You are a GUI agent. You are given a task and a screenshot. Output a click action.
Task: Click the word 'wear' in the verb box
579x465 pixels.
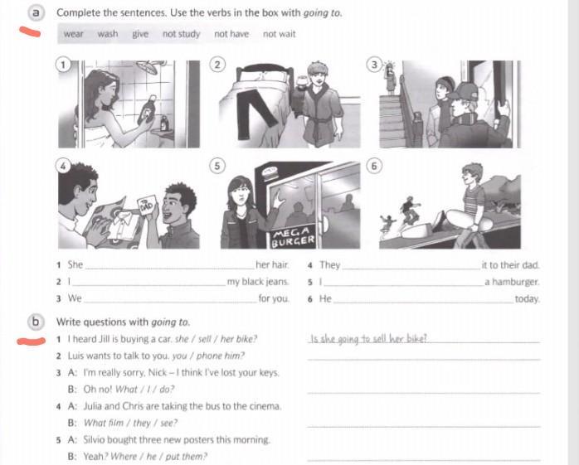pyautogui.click(x=73, y=34)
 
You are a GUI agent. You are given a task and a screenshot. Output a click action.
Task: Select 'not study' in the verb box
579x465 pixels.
pyautogui.click(x=181, y=34)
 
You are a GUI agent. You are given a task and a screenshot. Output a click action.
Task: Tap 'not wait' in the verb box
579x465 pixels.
pyautogui.click(x=280, y=34)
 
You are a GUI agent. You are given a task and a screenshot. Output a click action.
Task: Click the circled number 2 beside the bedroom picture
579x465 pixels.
pyautogui.click(x=217, y=65)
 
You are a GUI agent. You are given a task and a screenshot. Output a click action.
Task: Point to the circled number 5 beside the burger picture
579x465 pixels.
pyautogui.click(x=217, y=166)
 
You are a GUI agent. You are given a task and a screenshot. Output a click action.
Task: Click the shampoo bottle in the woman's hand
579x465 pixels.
pyautogui.click(x=147, y=109)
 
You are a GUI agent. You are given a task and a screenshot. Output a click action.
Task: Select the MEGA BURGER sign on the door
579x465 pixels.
pyautogui.click(x=293, y=237)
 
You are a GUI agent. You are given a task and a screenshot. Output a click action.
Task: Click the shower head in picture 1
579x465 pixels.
pyautogui.click(x=149, y=67)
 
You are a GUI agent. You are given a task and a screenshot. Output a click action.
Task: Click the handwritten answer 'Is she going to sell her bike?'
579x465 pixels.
pyautogui.click(x=368, y=339)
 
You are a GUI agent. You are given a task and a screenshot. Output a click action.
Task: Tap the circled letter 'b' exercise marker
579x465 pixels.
pyautogui.click(x=36, y=322)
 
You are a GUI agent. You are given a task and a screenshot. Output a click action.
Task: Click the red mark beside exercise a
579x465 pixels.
pyautogui.click(x=31, y=31)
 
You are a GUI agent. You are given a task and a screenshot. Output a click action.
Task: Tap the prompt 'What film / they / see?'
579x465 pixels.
pyautogui.click(x=130, y=423)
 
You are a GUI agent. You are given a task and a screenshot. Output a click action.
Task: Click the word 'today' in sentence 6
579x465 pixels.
pyautogui.click(x=528, y=299)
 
